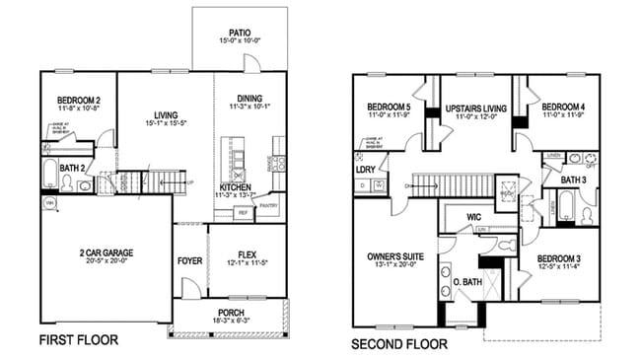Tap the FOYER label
pos(189,261)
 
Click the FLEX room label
pos(246,252)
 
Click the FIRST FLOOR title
pos(78,340)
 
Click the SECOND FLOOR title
pos(399,344)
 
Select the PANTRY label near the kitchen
pos(268,206)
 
